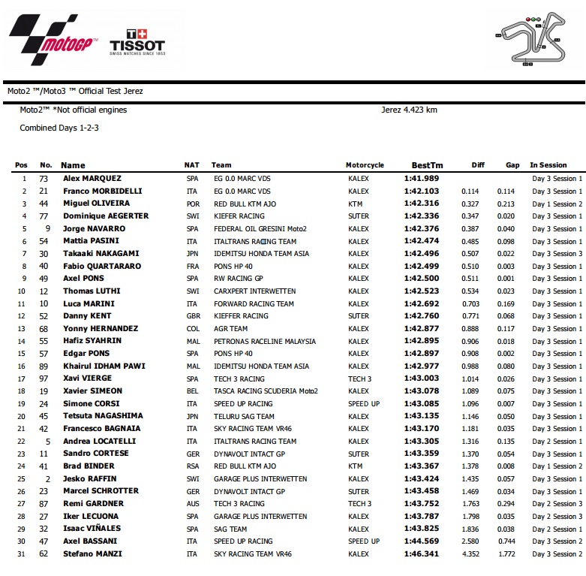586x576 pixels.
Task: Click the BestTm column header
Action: pos(427,165)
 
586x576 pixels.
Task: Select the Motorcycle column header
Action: pos(365,165)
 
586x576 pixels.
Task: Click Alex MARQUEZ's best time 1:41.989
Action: pos(422,179)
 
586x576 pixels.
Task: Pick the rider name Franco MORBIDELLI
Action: pos(103,191)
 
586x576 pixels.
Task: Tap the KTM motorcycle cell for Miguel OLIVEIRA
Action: pos(356,204)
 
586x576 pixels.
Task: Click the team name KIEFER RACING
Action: pos(239,216)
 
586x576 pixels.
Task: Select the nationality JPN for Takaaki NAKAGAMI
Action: pos(192,254)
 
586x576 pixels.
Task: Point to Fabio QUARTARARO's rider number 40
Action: pos(44,266)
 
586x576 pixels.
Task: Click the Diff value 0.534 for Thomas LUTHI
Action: pos(470,291)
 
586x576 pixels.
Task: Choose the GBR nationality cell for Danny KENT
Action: pos(193,316)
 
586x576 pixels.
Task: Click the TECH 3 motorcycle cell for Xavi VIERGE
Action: pos(359,379)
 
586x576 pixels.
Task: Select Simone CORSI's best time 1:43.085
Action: pos(422,404)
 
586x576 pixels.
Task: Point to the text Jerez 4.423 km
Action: pos(409,110)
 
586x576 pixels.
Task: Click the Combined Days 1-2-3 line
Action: pos(59,128)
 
